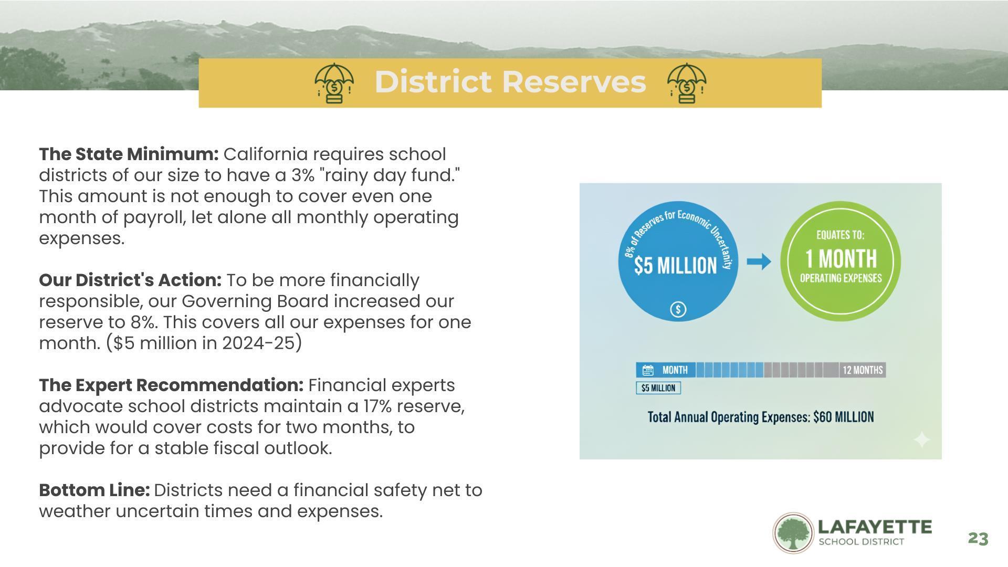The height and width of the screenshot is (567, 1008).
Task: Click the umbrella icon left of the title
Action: (x=334, y=83)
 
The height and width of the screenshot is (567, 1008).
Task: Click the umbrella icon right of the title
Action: (x=687, y=83)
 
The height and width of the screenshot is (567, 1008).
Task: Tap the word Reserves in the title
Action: (x=574, y=82)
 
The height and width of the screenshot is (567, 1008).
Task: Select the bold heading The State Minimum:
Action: (x=129, y=154)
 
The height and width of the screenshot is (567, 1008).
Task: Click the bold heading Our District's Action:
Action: (x=130, y=280)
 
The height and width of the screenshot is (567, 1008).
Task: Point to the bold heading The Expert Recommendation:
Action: (x=171, y=385)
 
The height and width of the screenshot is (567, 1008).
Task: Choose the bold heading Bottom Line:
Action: (x=94, y=490)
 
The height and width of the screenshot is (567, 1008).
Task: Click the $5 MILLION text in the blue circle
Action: (x=675, y=266)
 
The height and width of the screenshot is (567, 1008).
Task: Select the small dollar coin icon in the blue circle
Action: (x=678, y=309)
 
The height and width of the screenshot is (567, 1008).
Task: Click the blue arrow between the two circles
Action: (x=759, y=261)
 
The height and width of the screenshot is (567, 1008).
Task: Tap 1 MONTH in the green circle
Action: (x=841, y=258)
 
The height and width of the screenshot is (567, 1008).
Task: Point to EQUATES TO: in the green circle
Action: (x=841, y=235)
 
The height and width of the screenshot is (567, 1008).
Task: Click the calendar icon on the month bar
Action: (x=648, y=370)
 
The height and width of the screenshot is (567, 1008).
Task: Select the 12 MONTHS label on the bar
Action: (x=863, y=370)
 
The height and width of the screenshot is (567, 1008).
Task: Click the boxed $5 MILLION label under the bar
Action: (x=658, y=388)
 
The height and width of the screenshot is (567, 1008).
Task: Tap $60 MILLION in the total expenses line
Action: (x=844, y=417)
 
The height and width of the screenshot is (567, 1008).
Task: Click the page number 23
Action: (x=978, y=539)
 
